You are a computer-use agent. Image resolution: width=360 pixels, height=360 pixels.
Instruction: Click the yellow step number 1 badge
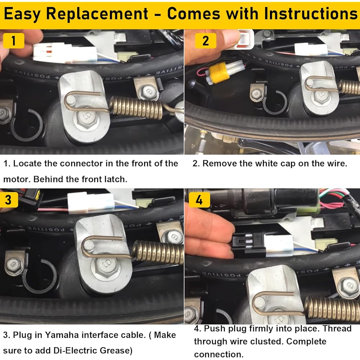[x=13, y=41]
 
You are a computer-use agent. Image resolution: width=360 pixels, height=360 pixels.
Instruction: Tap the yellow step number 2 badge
[x=205, y=41]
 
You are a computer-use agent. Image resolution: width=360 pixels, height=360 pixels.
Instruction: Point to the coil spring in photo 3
[x=158, y=252]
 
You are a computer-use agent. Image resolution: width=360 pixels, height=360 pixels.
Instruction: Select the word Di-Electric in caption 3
[x=80, y=350]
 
